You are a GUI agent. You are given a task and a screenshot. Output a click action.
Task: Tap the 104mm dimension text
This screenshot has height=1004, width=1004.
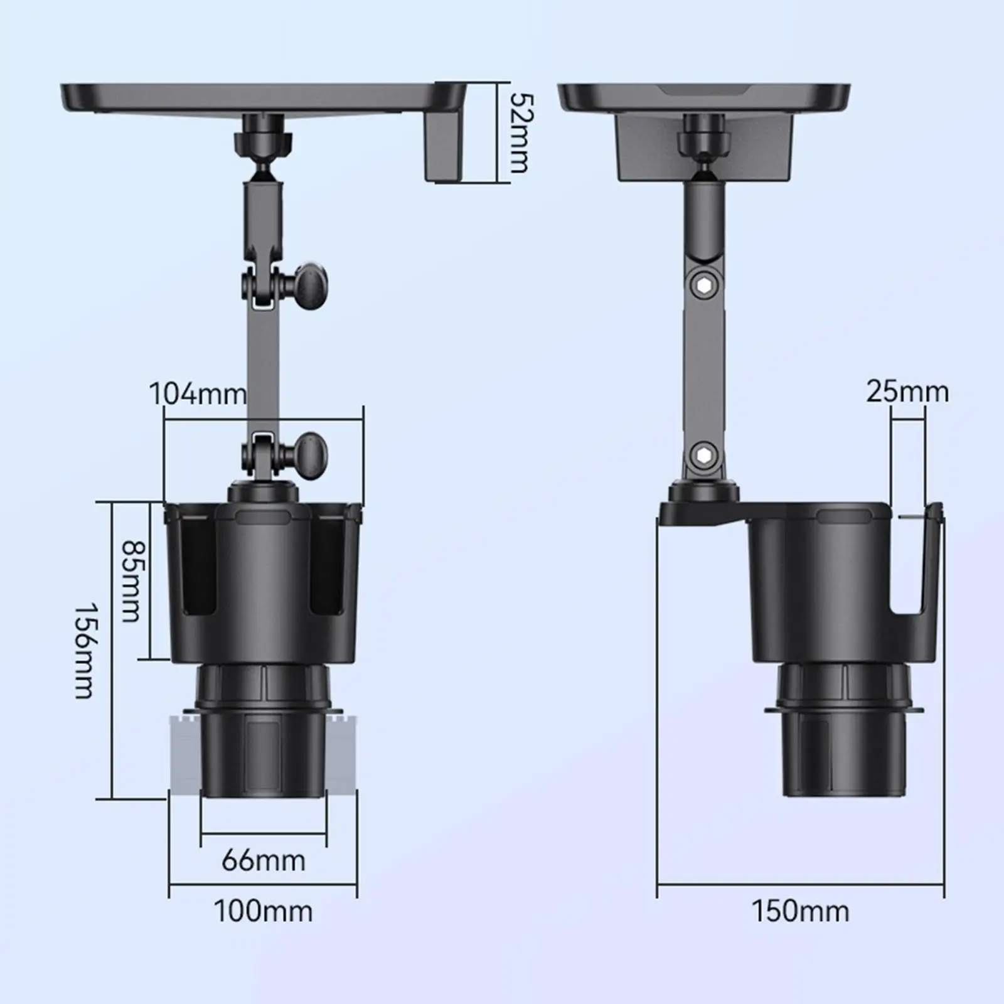point(198,394)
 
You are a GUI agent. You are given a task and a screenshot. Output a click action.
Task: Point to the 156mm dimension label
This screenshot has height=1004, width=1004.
point(85,651)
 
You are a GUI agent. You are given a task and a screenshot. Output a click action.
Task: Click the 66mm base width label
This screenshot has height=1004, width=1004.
point(264,860)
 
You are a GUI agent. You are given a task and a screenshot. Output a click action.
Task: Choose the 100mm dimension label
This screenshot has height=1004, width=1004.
point(264,911)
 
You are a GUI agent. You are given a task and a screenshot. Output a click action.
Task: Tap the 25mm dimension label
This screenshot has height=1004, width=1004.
point(907,392)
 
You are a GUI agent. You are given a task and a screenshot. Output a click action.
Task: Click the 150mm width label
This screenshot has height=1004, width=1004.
point(801,911)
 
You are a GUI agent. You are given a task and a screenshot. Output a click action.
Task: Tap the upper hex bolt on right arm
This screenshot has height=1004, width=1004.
point(703,286)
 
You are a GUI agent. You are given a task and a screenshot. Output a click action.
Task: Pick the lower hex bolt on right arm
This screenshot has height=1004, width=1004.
point(703,454)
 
